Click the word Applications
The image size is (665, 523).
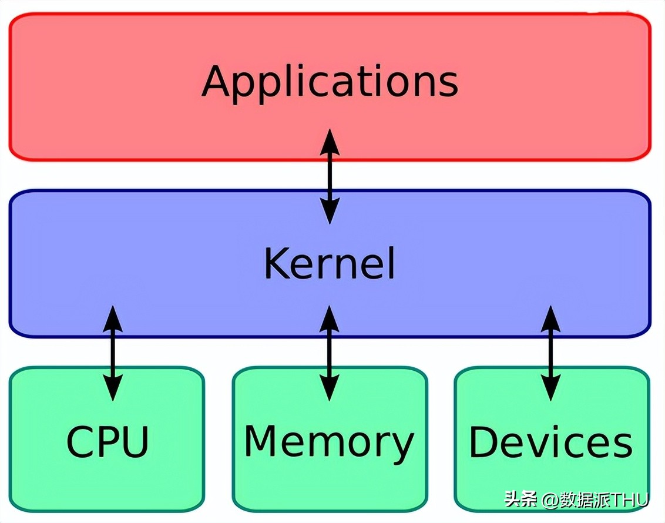click(x=330, y=82)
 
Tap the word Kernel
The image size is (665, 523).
click(x=329, y=264)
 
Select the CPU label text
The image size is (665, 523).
click(x=107, y=442)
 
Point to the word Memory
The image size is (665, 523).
click(x=329, y=442)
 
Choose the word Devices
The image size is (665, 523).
click(x=550, y=442)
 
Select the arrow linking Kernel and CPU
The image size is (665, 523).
click(x=112, y=353)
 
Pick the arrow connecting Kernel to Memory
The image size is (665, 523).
click(x=330, y=353)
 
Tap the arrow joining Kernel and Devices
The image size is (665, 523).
click(x=550, y=353)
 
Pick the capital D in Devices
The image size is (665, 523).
click(x=483, y=442)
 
